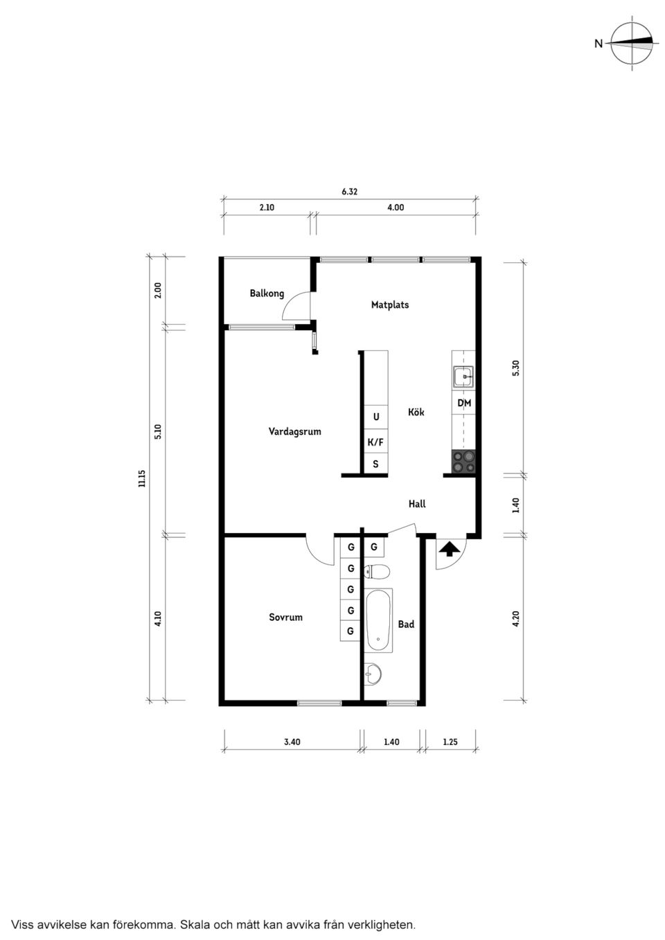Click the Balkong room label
pos(267,293)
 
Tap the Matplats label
pos(389,305)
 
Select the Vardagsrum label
pos(294,431)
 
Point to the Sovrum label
pos(285,617)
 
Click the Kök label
pos(416,412)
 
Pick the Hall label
pos(417,504)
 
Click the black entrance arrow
pos(449,548)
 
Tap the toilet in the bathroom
pos(377,572)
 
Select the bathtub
pos(378,620)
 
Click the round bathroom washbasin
pos(373,674)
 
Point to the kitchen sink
pos(463,377)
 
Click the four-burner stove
pos(463,462)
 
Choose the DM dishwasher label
pos(464,403)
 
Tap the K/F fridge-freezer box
pos(375,442)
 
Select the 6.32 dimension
pos(349,192)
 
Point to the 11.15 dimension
pos(141,478)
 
